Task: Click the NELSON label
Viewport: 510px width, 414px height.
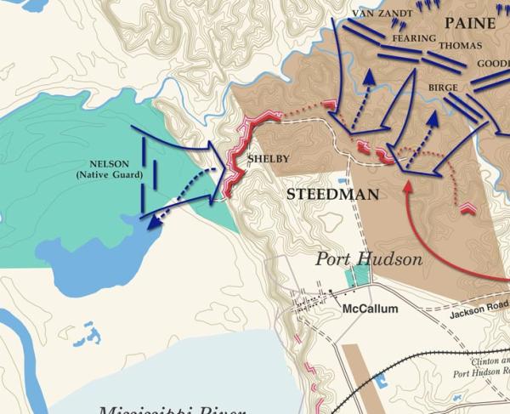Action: point(109,164)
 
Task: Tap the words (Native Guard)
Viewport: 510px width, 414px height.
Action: point(109,175)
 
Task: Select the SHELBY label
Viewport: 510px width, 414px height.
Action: point(263,159)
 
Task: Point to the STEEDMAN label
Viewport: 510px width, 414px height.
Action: point(332,195)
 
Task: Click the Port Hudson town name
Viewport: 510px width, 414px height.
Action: point(369,259)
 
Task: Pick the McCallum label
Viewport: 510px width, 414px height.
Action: point(370,309)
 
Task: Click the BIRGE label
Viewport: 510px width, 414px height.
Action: point(443,88)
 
